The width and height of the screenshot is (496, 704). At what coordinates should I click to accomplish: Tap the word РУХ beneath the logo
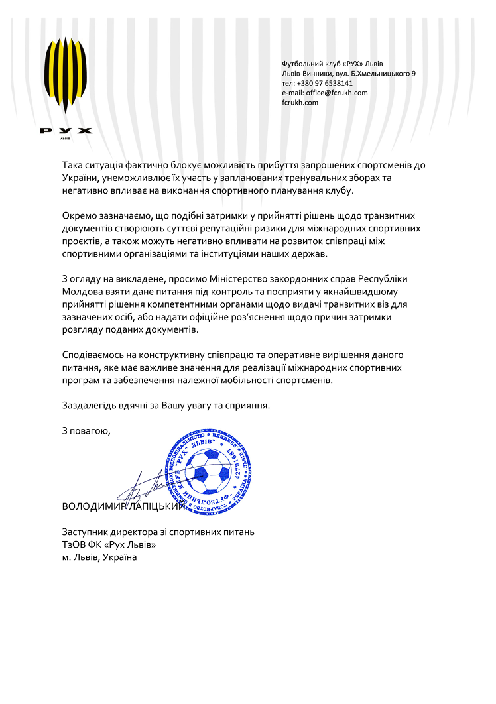[x=66, y=131]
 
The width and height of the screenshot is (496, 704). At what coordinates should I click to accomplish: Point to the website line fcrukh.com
[x=300, y=103]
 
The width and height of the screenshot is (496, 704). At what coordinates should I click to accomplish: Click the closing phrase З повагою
[x=86, y=431]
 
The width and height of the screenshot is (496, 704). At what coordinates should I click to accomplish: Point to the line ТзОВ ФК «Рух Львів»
[x=109, y=544]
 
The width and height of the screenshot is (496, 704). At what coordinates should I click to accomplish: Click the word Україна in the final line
[x=120, y=557]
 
